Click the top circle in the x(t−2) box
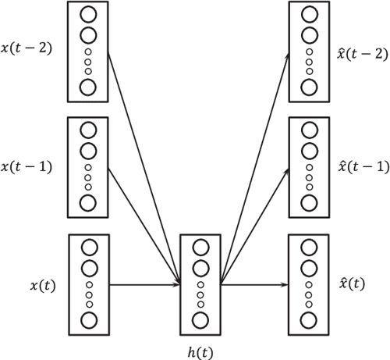88,15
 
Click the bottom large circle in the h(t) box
200,319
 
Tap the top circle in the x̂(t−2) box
309,15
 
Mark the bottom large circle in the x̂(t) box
309,319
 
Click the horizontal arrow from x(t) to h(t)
144,285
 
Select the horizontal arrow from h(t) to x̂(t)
254,285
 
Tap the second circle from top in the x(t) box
88,269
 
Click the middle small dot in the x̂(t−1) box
309,177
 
